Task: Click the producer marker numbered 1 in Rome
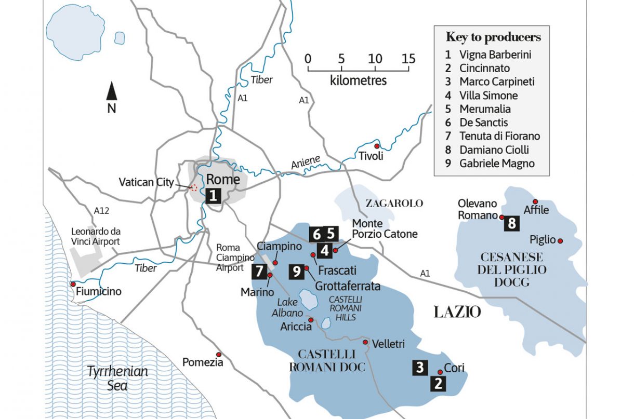213,196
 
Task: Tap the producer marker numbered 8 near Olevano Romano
512,224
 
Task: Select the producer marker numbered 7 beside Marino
259,271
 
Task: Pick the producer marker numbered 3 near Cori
420,367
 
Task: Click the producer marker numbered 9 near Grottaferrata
297,271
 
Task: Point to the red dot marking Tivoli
377,145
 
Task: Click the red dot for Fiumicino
73,284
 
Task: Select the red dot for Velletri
366,342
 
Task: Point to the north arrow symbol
111,92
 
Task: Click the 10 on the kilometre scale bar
375,58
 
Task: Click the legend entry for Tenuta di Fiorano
499,136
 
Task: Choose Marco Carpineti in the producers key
496,82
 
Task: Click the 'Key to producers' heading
493,37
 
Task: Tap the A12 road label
101,211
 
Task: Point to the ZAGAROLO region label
395,203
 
